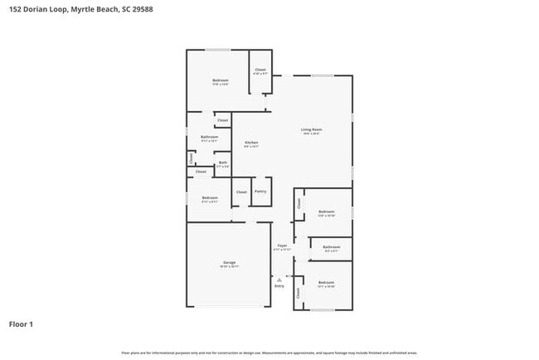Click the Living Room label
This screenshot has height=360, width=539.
[x=311, y=129]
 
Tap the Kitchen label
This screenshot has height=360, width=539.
[x=251, y=143]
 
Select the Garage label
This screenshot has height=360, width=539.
[x=229, y=262]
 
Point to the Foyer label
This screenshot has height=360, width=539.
[x=282, y=246]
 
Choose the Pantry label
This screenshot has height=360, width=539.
[x=260, y=192]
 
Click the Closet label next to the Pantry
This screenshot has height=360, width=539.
[x=241, y=192]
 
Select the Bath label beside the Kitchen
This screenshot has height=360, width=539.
[x=223, y=163]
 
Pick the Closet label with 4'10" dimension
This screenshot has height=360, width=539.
[x=260, y=69]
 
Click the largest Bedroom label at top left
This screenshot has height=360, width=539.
[x=220, y=80]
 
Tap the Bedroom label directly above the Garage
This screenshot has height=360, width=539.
[x=209, y=197]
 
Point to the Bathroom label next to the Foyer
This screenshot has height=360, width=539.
[x=332, y=246]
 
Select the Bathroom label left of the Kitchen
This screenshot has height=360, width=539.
[x=209, y=137]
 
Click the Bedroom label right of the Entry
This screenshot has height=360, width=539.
[x=326, y=283]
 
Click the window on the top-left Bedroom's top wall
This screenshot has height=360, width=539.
[x=218, y=50]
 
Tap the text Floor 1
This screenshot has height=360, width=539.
[x=22, y=324]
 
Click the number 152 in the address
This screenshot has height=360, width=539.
[x=15, y=9]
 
